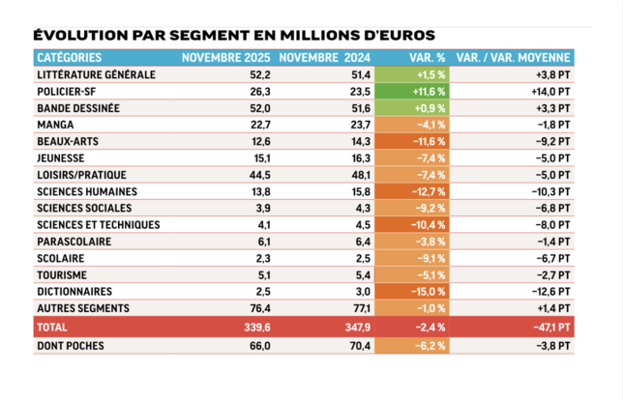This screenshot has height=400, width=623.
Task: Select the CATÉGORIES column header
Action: coord(69,58)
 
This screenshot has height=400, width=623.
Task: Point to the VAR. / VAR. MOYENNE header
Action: coord(513,58)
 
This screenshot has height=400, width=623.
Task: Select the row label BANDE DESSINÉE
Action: coord(77,107)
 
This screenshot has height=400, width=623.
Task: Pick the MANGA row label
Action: coord(55,124)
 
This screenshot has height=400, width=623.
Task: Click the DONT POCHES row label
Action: coord(71,345)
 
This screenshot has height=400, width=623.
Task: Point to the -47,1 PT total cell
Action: coord(551,328)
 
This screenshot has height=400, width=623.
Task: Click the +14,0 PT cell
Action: coord(552,91)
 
